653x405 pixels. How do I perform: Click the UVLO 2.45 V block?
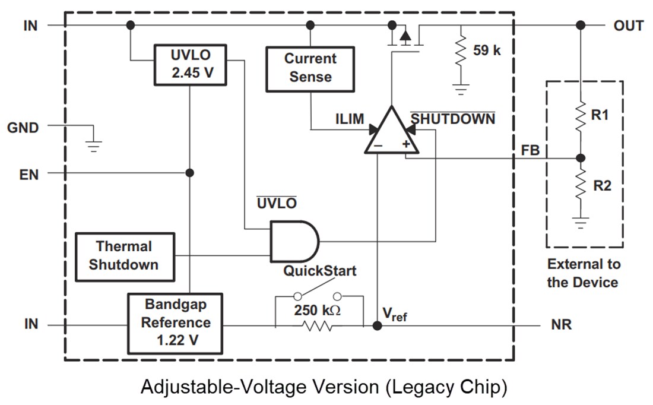190,64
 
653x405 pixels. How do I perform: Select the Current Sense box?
310,68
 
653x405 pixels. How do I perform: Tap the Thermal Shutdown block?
125,256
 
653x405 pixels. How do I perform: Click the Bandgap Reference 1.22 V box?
175,323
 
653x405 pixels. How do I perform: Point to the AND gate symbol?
293,241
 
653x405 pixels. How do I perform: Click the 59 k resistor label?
487,50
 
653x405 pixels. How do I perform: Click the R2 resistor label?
601,186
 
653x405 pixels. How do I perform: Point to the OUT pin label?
628,26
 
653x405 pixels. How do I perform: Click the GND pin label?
23,127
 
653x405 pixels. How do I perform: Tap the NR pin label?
561,325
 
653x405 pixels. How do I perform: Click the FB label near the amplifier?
530,151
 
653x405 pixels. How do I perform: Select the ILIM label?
349,119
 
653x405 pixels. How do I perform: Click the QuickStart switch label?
319,271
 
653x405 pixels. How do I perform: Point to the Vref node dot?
376,325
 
